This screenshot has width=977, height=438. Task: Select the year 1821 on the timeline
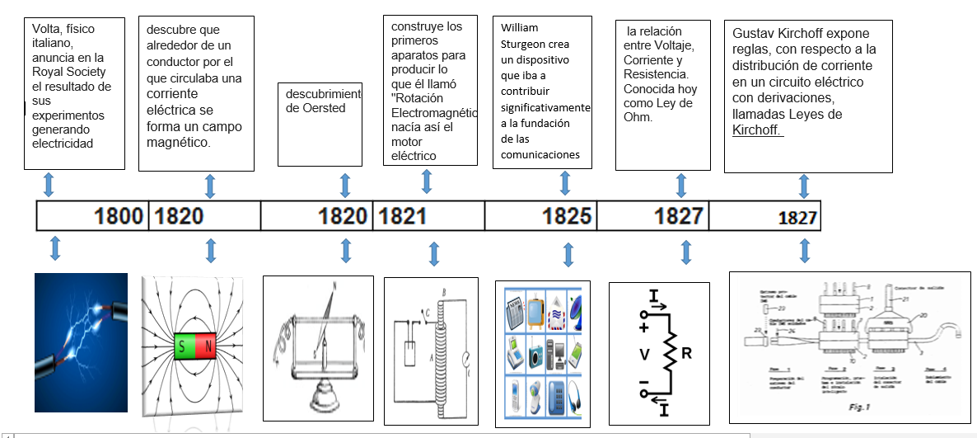pyautogui.click(x=402, y=216)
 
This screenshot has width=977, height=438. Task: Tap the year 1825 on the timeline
pyautogui.click(x=567, y=216)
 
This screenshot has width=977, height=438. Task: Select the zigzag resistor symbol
pyautogui.click(x=669, y=354)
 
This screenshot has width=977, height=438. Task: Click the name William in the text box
pyautogui.click(x=519, y=27)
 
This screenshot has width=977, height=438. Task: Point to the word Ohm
pyautogui.click(x=637, y=117)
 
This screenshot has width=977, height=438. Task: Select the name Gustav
pyautogui.click(x=753, y=34)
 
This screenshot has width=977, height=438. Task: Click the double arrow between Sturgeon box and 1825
pyautogui.click(x=565, y=183)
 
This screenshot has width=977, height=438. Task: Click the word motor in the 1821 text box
pyautogui.click(x=407, y=141)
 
